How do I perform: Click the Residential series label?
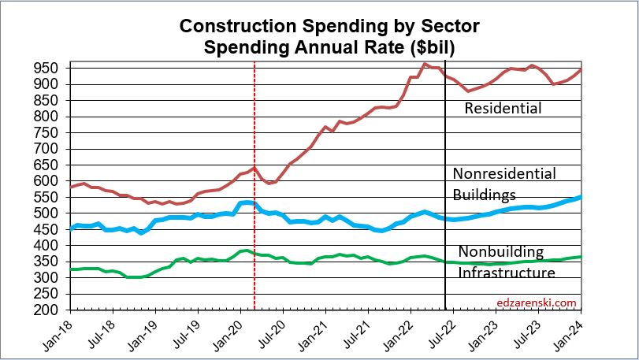(503, 108)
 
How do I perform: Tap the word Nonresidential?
(504, 173)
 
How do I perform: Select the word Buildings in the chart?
(484, 195)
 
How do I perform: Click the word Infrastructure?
(507, 273)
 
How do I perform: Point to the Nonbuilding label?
(501, 252)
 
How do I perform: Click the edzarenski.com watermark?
(537, 302)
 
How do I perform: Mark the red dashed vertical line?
(254, 236)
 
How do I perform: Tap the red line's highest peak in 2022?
(425, 64)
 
